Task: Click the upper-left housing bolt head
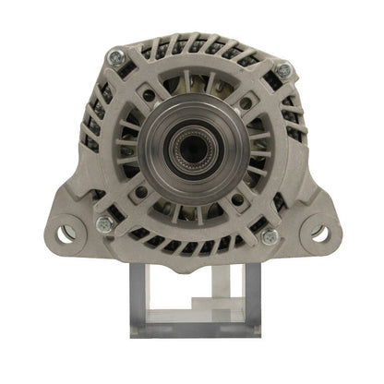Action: tap(115, 56)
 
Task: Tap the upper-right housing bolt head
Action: tap(282, 68)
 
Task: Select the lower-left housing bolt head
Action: tap(103, 224)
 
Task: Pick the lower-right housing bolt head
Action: tap(270, 236)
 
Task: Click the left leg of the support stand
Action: tap(140, 295)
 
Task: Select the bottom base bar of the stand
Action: tap(195, 328)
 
